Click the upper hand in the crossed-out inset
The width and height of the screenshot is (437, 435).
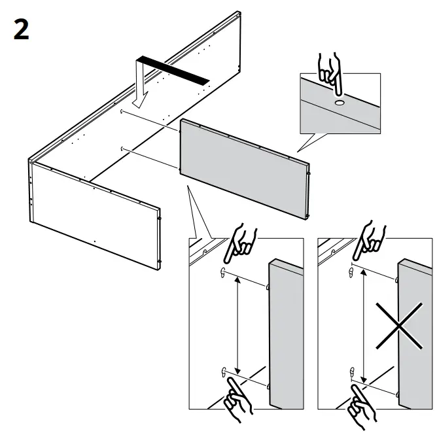pyautogui.click(x=369, y=243)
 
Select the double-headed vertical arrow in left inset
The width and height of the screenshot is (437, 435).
pyautogui.click(x=236, y=324)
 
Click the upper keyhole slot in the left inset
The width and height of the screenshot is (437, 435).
pyautogui.click(x=224, y=273)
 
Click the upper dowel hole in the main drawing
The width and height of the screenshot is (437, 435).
pyautogui.click(x=122, y=113)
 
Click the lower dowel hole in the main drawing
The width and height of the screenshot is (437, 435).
pyautogui.click(x=122, y=150)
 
